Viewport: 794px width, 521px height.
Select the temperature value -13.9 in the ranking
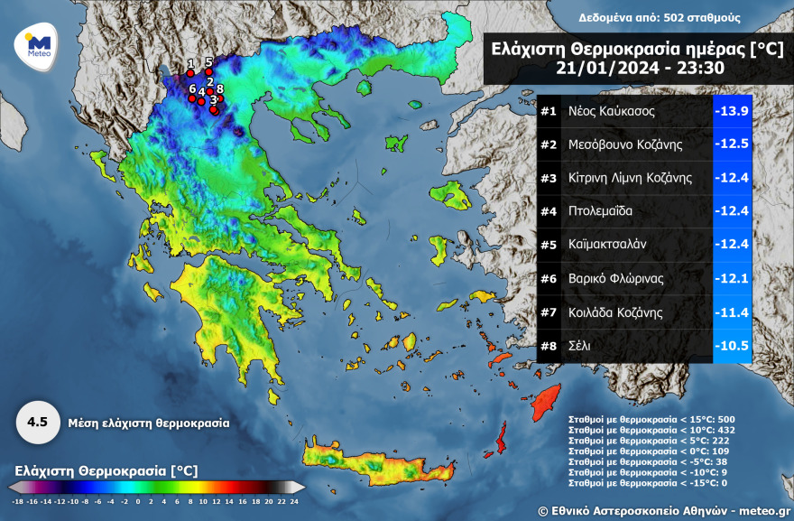(x=732, y=111)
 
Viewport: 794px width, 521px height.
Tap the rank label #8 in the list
(x=549, y=345)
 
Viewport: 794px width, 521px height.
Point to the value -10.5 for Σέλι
(x=732, y=345)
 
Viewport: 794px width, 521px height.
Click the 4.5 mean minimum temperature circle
(x=37, y=422)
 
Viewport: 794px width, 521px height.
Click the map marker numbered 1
(x=190, y=71)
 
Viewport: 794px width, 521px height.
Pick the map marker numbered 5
(x=208, y=70)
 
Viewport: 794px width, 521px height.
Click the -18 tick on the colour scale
(x=18, y=499)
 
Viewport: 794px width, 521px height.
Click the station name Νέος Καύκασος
(x=611, y=111)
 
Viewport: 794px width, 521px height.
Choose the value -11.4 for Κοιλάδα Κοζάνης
(x=732, y=312)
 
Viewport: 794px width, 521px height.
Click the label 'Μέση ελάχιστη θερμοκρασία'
(x=148, y=422)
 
